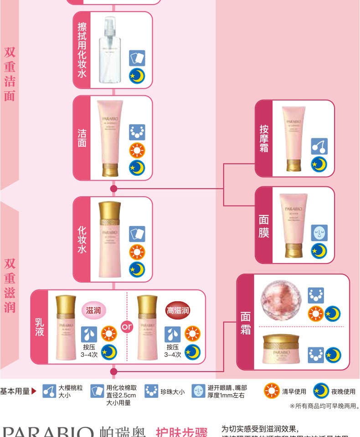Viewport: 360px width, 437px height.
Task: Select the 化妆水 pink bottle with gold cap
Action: point(110,239)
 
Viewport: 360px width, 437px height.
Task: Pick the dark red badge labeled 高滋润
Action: point(178,310)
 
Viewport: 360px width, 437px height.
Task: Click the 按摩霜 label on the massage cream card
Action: point(264,138)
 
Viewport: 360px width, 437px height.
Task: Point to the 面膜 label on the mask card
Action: point(264,226)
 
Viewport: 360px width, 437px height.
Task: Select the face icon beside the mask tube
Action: point(319,232)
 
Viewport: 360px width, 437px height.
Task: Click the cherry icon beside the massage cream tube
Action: point(319,146)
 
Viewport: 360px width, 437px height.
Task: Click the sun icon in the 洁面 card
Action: point(136,150)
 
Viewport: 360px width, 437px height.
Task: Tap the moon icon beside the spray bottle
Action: point(136,76)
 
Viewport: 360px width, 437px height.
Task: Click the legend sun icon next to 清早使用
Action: point(272,391)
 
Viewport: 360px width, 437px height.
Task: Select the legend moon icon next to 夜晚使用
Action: point(321,391)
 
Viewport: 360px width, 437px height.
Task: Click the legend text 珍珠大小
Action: point(173,391)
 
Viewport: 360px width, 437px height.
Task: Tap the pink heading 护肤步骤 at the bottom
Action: point(181,432)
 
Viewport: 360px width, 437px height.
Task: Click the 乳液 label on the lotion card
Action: point(40,327)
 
